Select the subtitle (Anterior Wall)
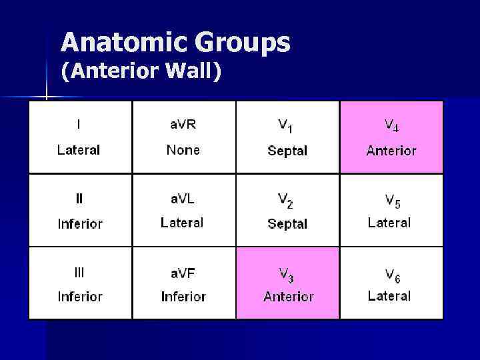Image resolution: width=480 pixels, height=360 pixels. click(x=141, y=71)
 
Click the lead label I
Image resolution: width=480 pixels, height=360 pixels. click(x=79, y=124)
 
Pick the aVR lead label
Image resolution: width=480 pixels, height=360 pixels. click(x=183, y=125)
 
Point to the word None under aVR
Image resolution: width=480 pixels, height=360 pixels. click(x=183, y=150)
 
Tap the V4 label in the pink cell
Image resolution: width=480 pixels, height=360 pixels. click(x=391, y=125)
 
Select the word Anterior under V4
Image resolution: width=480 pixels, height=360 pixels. click(x=391, y=151)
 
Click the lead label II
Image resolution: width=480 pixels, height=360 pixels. click(x=79, y=198)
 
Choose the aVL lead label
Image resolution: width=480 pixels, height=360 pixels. click(x=183, y=198)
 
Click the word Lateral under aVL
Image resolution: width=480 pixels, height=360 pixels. click(x=182, y=223)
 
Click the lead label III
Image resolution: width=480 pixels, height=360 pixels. click(x=79, y=272)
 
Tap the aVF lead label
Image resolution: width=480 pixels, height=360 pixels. click(x=183, y=272)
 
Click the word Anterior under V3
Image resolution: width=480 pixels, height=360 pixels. click(x=288, y=297)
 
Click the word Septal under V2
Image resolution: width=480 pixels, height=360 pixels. click(x=287, y=224)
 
